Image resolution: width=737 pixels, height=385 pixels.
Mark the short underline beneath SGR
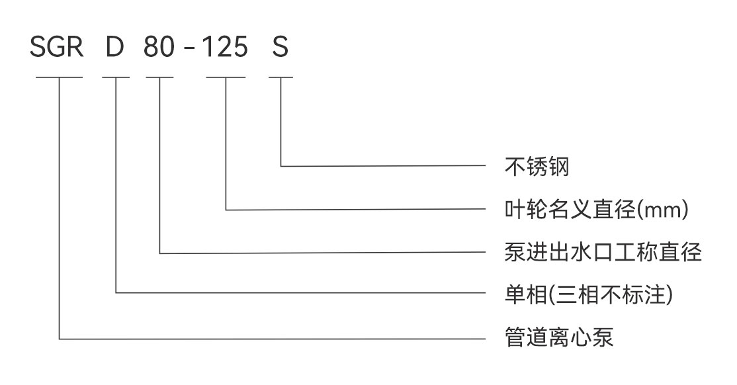point(59,77)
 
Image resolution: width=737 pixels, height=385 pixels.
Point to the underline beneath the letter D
point(116,77)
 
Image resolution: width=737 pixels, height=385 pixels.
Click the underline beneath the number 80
point(159,77)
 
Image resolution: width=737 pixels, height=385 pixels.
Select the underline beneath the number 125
point(226,77)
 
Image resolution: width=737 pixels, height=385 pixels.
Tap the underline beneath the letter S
point(281,77)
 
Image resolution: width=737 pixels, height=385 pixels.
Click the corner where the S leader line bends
point(281,166)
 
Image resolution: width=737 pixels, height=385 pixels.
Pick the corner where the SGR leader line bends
point(60,339)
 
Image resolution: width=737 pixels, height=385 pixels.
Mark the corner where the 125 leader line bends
point(226,210)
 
